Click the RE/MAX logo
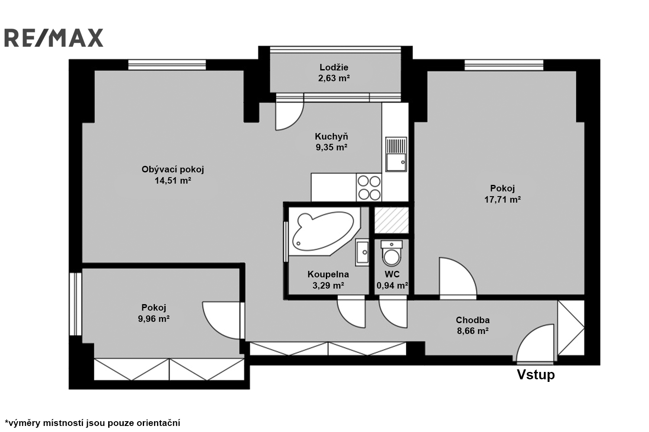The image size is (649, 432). pyautogui.click(x=54, y=38)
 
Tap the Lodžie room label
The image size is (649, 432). pyautogui.click(x=334, y=67)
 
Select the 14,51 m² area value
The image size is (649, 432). pyautogui.click(x=173, y=181)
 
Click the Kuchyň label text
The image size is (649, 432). pyautogui.click(x=331, y=136)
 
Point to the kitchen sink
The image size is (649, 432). pyautogui.click(x=396, y=154)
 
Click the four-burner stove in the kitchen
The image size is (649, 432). pyautogui.click(x=369, y=187)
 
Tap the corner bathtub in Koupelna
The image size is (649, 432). pyautogui.click(x=324, y=232)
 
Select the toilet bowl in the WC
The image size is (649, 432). pyautogui.click(x=392, y=253)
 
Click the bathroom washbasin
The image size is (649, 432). pyautogui.click(x=362, y=252)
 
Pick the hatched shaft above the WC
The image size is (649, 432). pyautogui.click(x=392, y=220)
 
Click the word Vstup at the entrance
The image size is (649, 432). pyautogui.click(x=536, y=375)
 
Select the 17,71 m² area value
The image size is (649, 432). pyautogui.click(x=503, y=200)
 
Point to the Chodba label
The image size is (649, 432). pyautogui.click(x=473, y=320)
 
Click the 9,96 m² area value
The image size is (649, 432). pyautogui.click(x=154, y=319)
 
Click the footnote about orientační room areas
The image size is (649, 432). pyautogui.click(x=93, y=423)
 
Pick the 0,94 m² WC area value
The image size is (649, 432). pyautogui.click(x=392, y=286)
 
